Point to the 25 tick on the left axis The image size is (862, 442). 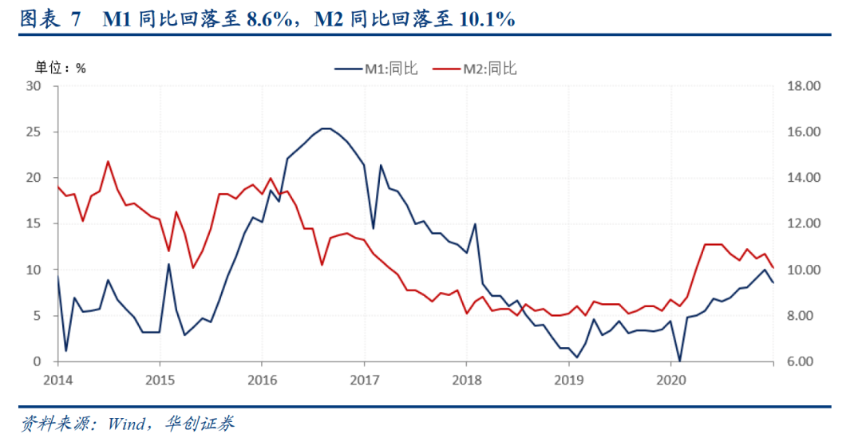pos(36,132)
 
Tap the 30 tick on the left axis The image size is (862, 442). pos(36,86)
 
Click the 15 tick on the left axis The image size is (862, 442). pos(36,224)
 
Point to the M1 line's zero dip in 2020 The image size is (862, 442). pos(679,361)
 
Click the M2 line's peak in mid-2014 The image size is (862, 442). pos(108,161)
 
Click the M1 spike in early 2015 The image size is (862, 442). pos(168,264)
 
